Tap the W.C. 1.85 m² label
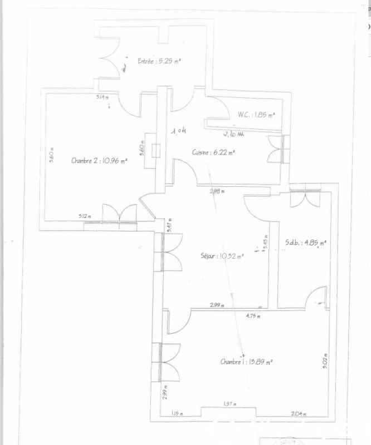coord(256,115)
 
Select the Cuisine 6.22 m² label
coord(213,152)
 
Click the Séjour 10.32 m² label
coord(222,256)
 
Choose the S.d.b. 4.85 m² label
coord(305,243)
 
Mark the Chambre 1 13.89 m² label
coord(246,362)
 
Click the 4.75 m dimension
coord(253,316)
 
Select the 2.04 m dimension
coord(299,413)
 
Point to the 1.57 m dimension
coord(230,404)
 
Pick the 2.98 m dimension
coord(217,191)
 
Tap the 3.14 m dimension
coord(102,97)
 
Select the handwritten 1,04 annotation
coord(178,131)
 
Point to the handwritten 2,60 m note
coord(233,134)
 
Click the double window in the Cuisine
coord(277,149)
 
